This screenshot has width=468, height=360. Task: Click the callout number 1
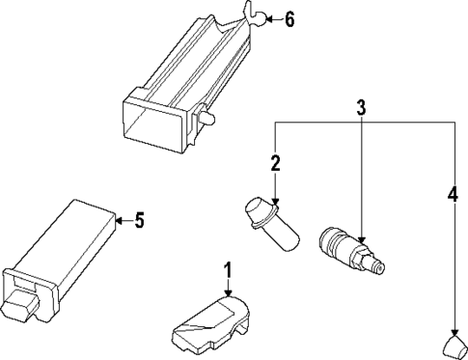click(228, 269)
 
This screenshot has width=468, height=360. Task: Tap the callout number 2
click(275, 164)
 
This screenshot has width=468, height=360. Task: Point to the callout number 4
click(452, 194)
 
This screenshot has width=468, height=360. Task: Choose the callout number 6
click(289, 18)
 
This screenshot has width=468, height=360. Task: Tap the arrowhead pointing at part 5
click(119, 221)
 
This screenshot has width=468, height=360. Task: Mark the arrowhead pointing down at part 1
click(228, 293)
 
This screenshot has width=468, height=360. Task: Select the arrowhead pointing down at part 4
click(452, 328)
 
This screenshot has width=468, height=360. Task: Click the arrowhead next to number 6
click(269, 18)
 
